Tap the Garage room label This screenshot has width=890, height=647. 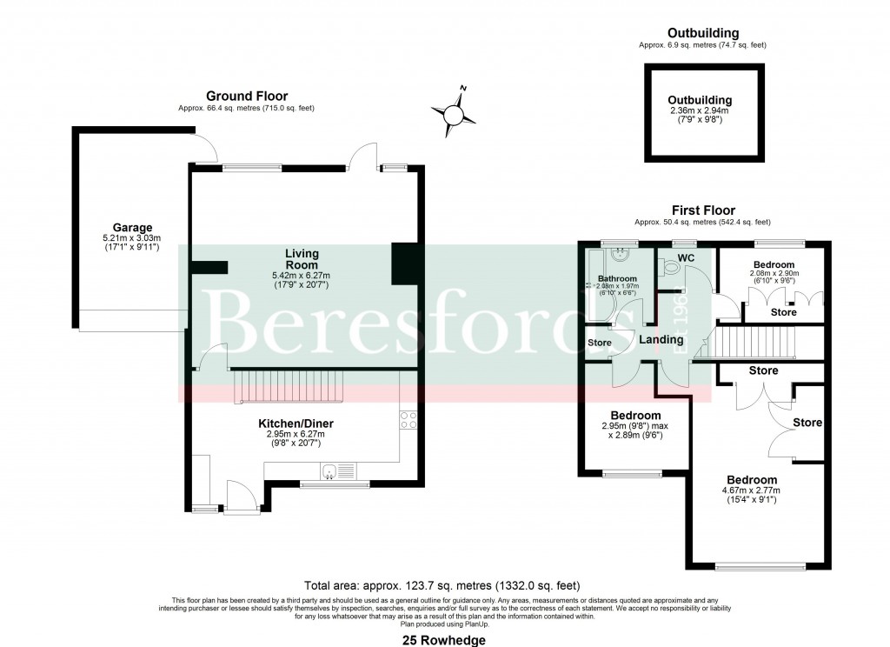[x=126, y=228]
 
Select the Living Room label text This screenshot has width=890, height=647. [x=302, y=259]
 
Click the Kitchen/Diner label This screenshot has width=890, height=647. [x=296, y=424]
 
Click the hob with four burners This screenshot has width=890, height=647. [x=408, y=420]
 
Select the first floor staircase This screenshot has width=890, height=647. [x=754, y=342]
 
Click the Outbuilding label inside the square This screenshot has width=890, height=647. [x=700, y=100]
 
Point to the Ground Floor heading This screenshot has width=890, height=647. [x=247, y=96]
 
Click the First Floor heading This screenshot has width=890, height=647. [x=703, y=210]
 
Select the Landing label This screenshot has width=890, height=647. [x=661, y=340]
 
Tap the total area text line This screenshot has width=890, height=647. [x=442, y=585]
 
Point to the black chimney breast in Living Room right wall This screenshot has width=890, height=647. [x=404, y=263]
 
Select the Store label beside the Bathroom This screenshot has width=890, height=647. [x=600, y=343]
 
